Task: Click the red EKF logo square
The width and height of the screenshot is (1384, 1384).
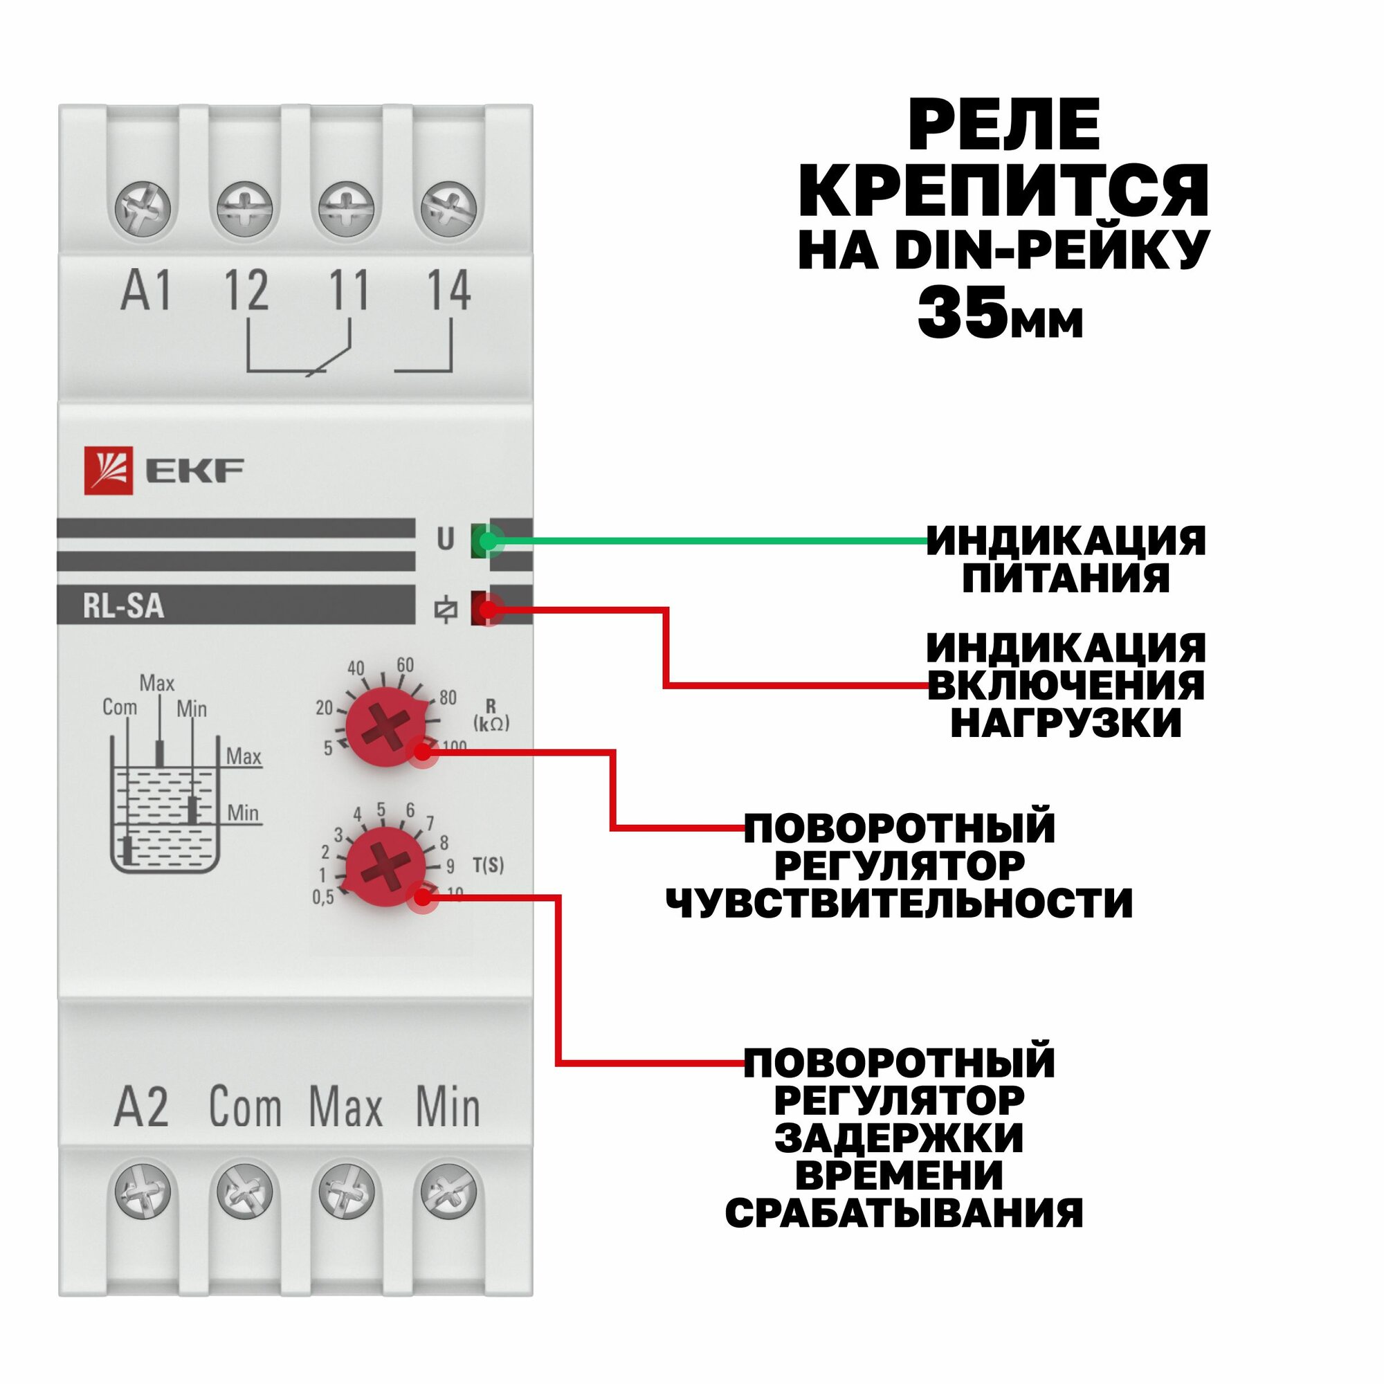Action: (x=108, y=471)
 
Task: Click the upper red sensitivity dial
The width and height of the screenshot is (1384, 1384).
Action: (x=385, y=728)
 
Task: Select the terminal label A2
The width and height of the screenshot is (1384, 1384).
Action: (x=142, y=1107)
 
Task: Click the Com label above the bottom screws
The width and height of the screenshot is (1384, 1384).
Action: (x=245, y=1107)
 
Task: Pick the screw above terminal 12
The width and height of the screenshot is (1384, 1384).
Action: (x=245, y=210)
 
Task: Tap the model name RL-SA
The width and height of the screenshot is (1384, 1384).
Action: (x=124, y=607)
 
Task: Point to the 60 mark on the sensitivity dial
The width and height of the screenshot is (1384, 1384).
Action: (x=406, y=665)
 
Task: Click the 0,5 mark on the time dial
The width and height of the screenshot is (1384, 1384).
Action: (x=323, y=897)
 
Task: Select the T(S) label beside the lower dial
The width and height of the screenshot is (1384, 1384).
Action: (x=489, y=866)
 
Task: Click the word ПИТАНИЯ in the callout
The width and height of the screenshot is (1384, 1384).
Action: (x=1065, y=578)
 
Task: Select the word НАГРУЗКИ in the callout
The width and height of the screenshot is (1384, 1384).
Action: (x=1066, y=723)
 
